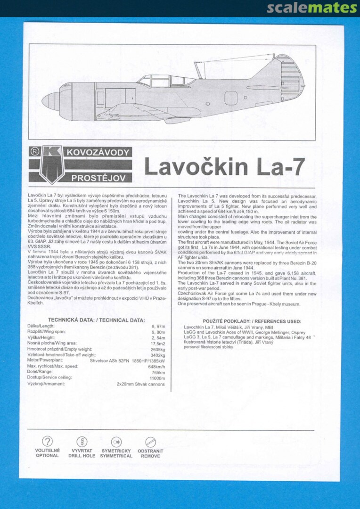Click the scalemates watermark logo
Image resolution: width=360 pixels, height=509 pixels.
[x=312, y=8]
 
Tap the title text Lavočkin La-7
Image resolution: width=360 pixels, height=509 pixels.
[x=224, y=167]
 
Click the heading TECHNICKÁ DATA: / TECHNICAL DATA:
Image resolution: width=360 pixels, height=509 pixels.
[x=97, y=320]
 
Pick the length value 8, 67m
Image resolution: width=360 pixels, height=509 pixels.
[x=158, y=326]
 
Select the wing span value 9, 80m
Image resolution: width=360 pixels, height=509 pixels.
[x=158, y=332]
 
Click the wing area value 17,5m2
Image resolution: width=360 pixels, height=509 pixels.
[x=157, y=343]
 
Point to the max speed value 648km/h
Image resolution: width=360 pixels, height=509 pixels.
[x=156, y=366]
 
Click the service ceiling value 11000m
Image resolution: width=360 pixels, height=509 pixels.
[x=157, y=378]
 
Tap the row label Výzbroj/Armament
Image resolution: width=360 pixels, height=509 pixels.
[x=46, y=384]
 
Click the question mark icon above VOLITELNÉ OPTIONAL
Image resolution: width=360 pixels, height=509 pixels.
[x=47, y=442]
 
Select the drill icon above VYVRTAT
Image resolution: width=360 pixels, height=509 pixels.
[x=82, y=442]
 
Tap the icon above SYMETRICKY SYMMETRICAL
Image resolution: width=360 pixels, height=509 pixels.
[x=116, y=442]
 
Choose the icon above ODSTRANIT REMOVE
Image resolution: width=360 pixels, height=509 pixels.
[x=150, y=442]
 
